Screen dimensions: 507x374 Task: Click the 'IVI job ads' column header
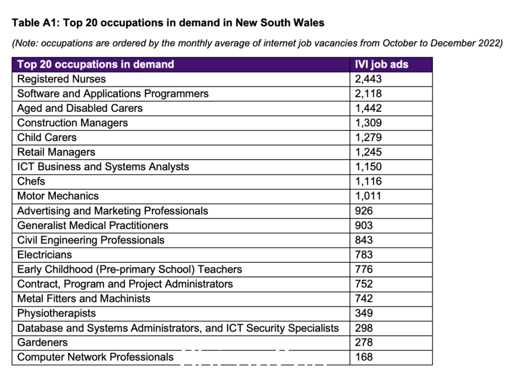382,64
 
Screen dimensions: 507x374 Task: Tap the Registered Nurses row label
61,79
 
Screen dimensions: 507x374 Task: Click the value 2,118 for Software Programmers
369,94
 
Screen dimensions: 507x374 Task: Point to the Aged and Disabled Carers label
80,108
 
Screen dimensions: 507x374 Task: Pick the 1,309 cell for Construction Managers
369,123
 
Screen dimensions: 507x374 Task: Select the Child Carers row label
47,137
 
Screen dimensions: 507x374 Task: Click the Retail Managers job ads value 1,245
369,152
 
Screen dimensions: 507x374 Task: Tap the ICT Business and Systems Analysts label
103,167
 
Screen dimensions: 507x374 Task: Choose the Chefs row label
31,181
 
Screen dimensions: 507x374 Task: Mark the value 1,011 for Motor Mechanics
368,196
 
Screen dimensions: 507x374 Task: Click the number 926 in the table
364,211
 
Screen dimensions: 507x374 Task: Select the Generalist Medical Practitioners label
93,225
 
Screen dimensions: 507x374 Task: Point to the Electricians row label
45,255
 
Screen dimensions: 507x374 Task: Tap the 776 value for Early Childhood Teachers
364,269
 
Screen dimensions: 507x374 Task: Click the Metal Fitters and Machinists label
84,298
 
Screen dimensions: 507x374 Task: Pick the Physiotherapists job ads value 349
364,313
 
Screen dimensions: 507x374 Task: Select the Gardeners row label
42,342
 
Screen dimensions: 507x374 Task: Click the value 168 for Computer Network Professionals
364,357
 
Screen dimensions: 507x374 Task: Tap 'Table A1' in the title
36,23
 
